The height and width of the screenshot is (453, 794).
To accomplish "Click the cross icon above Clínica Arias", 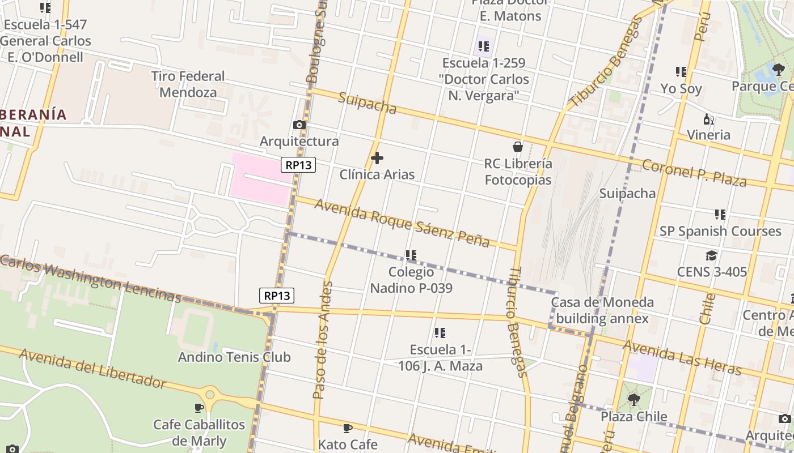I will pos(377,158).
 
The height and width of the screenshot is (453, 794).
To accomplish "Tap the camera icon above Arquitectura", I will pos(299,125).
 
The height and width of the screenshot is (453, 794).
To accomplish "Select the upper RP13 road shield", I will pos(298,165).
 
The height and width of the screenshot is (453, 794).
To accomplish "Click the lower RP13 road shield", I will pos(277,296).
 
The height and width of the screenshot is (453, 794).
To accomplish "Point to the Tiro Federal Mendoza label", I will pos(188,84).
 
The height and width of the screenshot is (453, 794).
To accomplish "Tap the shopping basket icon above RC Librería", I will pos(517,147).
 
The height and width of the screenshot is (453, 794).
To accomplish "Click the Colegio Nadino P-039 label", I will pos(411,280).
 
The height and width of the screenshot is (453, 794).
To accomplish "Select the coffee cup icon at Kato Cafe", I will pos(348,428).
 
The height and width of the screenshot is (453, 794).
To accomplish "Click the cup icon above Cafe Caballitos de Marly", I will pos(199,408).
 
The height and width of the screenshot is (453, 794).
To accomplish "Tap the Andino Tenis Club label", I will pos(234,357).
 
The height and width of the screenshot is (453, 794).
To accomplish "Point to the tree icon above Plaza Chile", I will pos(633,400).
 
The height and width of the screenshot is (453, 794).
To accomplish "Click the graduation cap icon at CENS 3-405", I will pos(711,256).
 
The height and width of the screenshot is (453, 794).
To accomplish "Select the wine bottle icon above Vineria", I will pos(708,119).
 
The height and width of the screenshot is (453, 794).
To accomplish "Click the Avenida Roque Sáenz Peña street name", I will pos(402,223).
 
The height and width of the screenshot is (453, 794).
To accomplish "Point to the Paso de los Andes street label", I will pos(321,340).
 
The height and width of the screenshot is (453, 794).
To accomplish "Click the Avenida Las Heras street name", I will pos(682,357).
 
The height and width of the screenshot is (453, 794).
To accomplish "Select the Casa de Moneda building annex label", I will pos(602,310).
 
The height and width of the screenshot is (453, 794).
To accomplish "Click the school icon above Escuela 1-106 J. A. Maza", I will pos(440,333).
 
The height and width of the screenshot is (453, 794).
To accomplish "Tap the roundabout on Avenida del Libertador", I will pos(210,394).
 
